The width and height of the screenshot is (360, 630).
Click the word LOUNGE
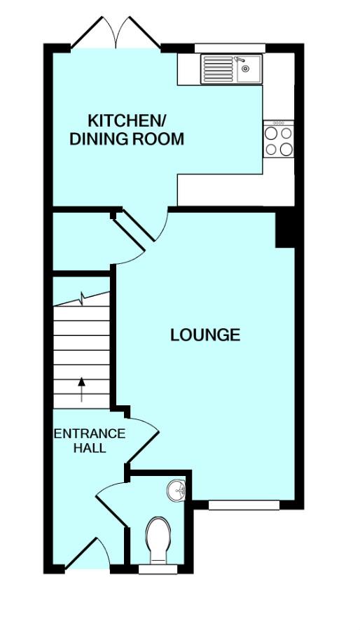[x=205, y=335]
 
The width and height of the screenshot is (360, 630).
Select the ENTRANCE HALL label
[x=90, y=441]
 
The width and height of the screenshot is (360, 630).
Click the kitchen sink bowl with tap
[x=247, y=69]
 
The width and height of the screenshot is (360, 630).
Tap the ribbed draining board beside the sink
[x=218, y=69]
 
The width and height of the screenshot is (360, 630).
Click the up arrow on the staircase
[x=81, y=389]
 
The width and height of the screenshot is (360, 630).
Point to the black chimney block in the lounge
[x=285, y=230]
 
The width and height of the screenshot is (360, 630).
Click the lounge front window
[x=244, y=505]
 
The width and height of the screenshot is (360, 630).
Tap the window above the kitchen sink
[x=230, y=48]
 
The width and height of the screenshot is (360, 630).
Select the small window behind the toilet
[x=158, y=569]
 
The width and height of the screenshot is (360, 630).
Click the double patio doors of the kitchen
[x=116, y=33]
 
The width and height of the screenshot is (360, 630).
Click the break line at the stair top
[x=81, y=299]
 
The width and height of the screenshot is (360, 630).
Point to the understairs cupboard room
[x=81, y=241]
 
